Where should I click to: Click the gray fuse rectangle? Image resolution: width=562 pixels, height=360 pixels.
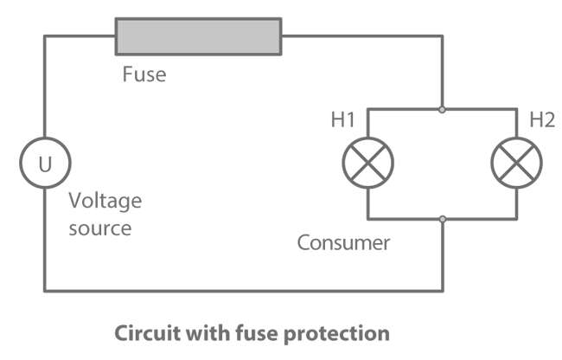198,36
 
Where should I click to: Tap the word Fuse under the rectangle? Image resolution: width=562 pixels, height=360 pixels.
144,74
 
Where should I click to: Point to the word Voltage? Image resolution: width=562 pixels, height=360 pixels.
105,202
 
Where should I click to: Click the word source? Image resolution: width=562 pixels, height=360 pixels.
100,228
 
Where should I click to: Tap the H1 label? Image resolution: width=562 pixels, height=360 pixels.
343,120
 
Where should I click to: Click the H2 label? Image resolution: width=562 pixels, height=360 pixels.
541,120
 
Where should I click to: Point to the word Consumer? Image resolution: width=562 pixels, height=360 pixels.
343,242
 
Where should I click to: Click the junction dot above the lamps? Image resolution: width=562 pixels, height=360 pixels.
443,110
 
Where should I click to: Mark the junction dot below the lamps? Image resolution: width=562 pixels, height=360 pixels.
443,217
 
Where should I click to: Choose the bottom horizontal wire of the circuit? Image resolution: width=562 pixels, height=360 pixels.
242,291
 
